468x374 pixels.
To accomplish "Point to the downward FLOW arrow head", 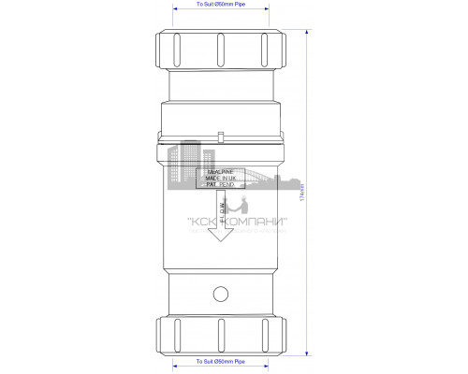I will tap(221, 235).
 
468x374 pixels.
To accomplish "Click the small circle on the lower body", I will tap(221, 295).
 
